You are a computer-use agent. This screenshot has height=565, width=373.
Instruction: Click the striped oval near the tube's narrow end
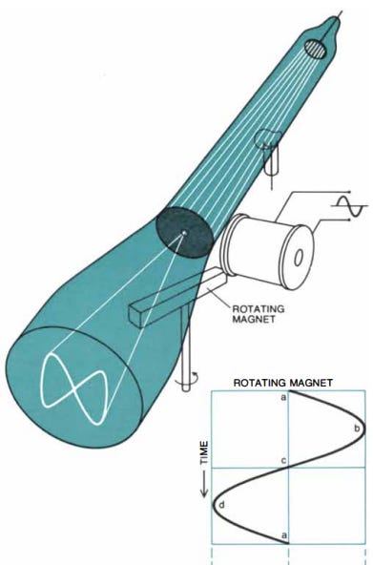tap(316, 49)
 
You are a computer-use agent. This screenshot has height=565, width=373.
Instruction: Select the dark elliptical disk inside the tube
tap(184, 232)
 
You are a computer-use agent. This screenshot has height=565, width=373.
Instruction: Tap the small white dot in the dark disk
tap(184, 233)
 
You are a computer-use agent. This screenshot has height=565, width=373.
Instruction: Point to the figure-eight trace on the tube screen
tap(74, 388)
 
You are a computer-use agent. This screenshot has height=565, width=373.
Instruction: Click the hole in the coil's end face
tap(298, 258)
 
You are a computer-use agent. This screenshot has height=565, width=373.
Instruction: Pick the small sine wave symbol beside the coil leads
tap(349, 206)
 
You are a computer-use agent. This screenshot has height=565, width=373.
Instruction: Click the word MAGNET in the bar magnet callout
tap(254, 319)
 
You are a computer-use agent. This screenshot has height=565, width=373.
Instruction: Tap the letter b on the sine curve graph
tap(357, 429)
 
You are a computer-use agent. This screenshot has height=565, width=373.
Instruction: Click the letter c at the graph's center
tap(283, 461)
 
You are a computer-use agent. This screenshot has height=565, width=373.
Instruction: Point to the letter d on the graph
tap(221, 505)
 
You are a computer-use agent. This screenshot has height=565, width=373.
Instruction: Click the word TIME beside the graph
tap(204, 452)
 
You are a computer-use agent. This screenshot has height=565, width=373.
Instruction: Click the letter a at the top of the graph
tap(283, 397)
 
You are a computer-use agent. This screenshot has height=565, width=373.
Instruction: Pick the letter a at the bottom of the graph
tap(284, 535)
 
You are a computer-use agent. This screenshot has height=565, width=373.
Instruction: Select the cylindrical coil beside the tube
tap(266, 250)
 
